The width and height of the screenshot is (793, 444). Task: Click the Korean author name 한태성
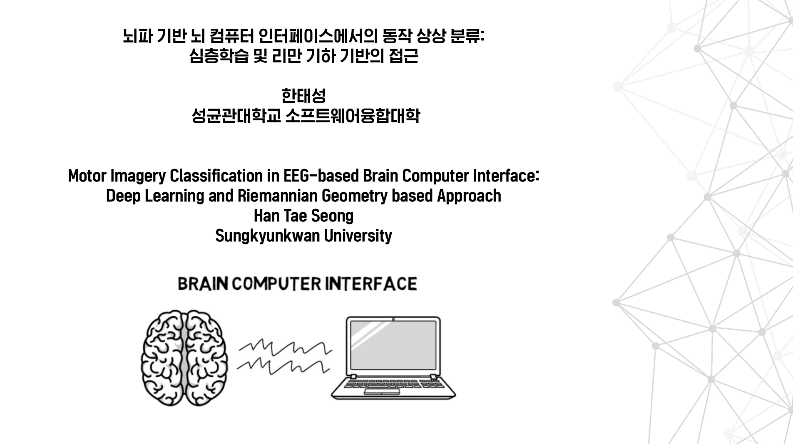coord(303,96)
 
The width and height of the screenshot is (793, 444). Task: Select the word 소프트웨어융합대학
coord(353,116)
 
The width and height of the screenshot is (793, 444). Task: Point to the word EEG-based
coord(321,176)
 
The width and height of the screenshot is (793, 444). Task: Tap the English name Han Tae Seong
coord(303,216)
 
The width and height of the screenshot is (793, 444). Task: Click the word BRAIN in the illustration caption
coord(203,284)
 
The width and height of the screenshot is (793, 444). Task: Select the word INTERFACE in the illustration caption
coord(371,284)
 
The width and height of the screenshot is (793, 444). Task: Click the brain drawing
coord(184,358)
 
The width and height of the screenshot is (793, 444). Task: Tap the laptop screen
coord(393,345)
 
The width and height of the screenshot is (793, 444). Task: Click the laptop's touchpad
coord(382,392)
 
